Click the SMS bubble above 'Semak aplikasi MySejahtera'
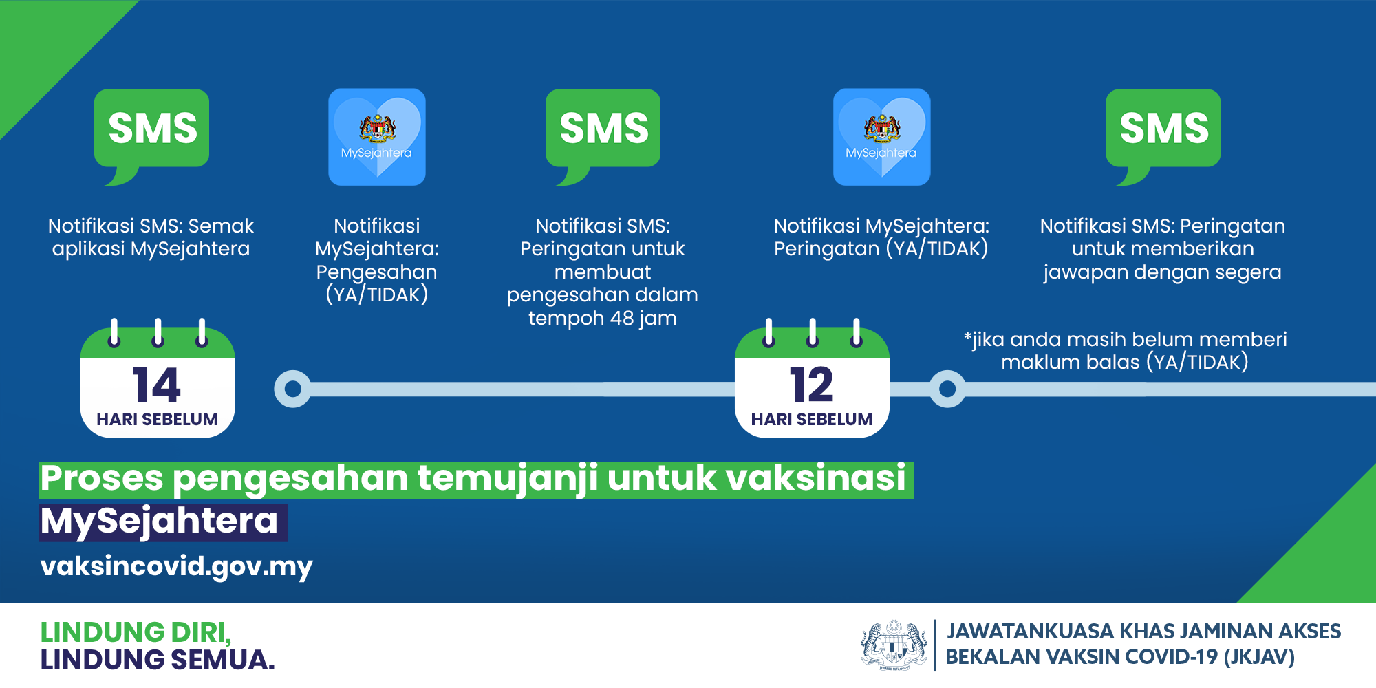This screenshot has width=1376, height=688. (151, 131)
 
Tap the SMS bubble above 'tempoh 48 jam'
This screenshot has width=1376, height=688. (603, 131)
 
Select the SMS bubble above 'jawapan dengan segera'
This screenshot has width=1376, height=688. (1163, 131)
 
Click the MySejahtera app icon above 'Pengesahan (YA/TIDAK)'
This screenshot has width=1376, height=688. (377, 137)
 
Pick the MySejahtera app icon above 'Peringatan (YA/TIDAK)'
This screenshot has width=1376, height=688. (882, 137)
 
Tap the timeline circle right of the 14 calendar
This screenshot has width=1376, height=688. (292, 389)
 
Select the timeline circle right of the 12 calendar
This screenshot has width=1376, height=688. (947, 389)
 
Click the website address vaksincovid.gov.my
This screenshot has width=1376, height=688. (176, 567)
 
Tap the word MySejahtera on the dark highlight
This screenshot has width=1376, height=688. (160, 522)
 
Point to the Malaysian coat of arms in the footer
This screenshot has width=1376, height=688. (894, 645)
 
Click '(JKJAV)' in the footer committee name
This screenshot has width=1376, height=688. (1259, 657)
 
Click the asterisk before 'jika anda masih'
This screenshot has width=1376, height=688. (968, 336)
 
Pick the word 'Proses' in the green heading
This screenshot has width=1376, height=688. (103, 478)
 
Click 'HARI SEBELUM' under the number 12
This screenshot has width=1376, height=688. (812, 419)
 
